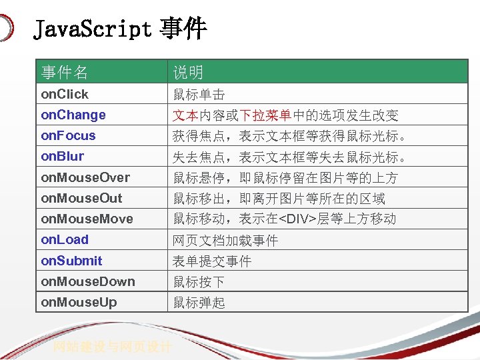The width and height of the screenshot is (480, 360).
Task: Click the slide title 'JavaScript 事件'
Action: [120, 30]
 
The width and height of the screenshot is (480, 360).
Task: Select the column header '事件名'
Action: [65, 72]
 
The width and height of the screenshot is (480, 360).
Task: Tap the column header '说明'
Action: [188, 72]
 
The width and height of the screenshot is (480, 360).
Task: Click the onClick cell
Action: [65, 94]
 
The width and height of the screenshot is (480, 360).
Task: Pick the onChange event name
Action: [73, 115]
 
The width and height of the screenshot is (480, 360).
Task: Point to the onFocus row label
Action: [69, 135]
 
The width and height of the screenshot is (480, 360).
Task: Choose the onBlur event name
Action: [63, 156]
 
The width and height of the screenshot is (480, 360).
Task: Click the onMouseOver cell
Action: [85, 177]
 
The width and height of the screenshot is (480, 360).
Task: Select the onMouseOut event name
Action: [82, 198]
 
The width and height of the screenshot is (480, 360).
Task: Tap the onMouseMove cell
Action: [87, 219]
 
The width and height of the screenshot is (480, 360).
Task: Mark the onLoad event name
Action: [65, 239]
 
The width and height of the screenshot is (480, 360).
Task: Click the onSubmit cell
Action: [71, 261]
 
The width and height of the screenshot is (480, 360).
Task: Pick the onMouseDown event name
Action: [88, 281]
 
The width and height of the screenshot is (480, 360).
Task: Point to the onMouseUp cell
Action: [79, 302]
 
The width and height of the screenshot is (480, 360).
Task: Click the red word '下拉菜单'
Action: [265, 115]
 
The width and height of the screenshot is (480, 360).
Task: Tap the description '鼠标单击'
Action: [199, 95]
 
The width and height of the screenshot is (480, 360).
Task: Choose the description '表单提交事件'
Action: [212, 261]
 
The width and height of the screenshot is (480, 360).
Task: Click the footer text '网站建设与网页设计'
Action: [113, 347]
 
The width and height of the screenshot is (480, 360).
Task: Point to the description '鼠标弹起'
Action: [199, 303]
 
